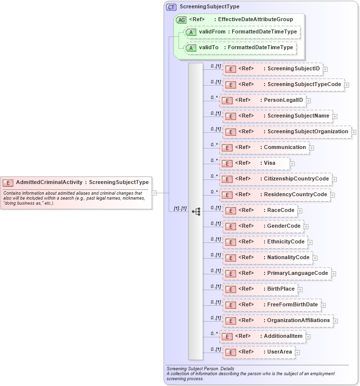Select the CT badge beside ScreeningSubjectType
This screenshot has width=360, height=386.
click(171, 7)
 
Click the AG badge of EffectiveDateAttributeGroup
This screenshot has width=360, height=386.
click(181, 20)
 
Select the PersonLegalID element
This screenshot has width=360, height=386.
click(263, 100)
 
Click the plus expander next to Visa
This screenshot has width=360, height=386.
click(292, 164)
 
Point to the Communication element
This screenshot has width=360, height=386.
click(264, 148)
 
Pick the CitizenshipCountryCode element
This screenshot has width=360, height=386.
click(275, 179)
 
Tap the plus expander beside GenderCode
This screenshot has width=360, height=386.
click(306, 227)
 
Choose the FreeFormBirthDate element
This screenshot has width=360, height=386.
click(271, 305)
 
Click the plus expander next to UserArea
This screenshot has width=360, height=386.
click(297, 353)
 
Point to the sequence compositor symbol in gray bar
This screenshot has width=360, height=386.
click(196, 211)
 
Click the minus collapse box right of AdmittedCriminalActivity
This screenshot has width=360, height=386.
click(154, 193)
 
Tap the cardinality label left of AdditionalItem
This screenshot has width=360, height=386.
click(214, 333)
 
